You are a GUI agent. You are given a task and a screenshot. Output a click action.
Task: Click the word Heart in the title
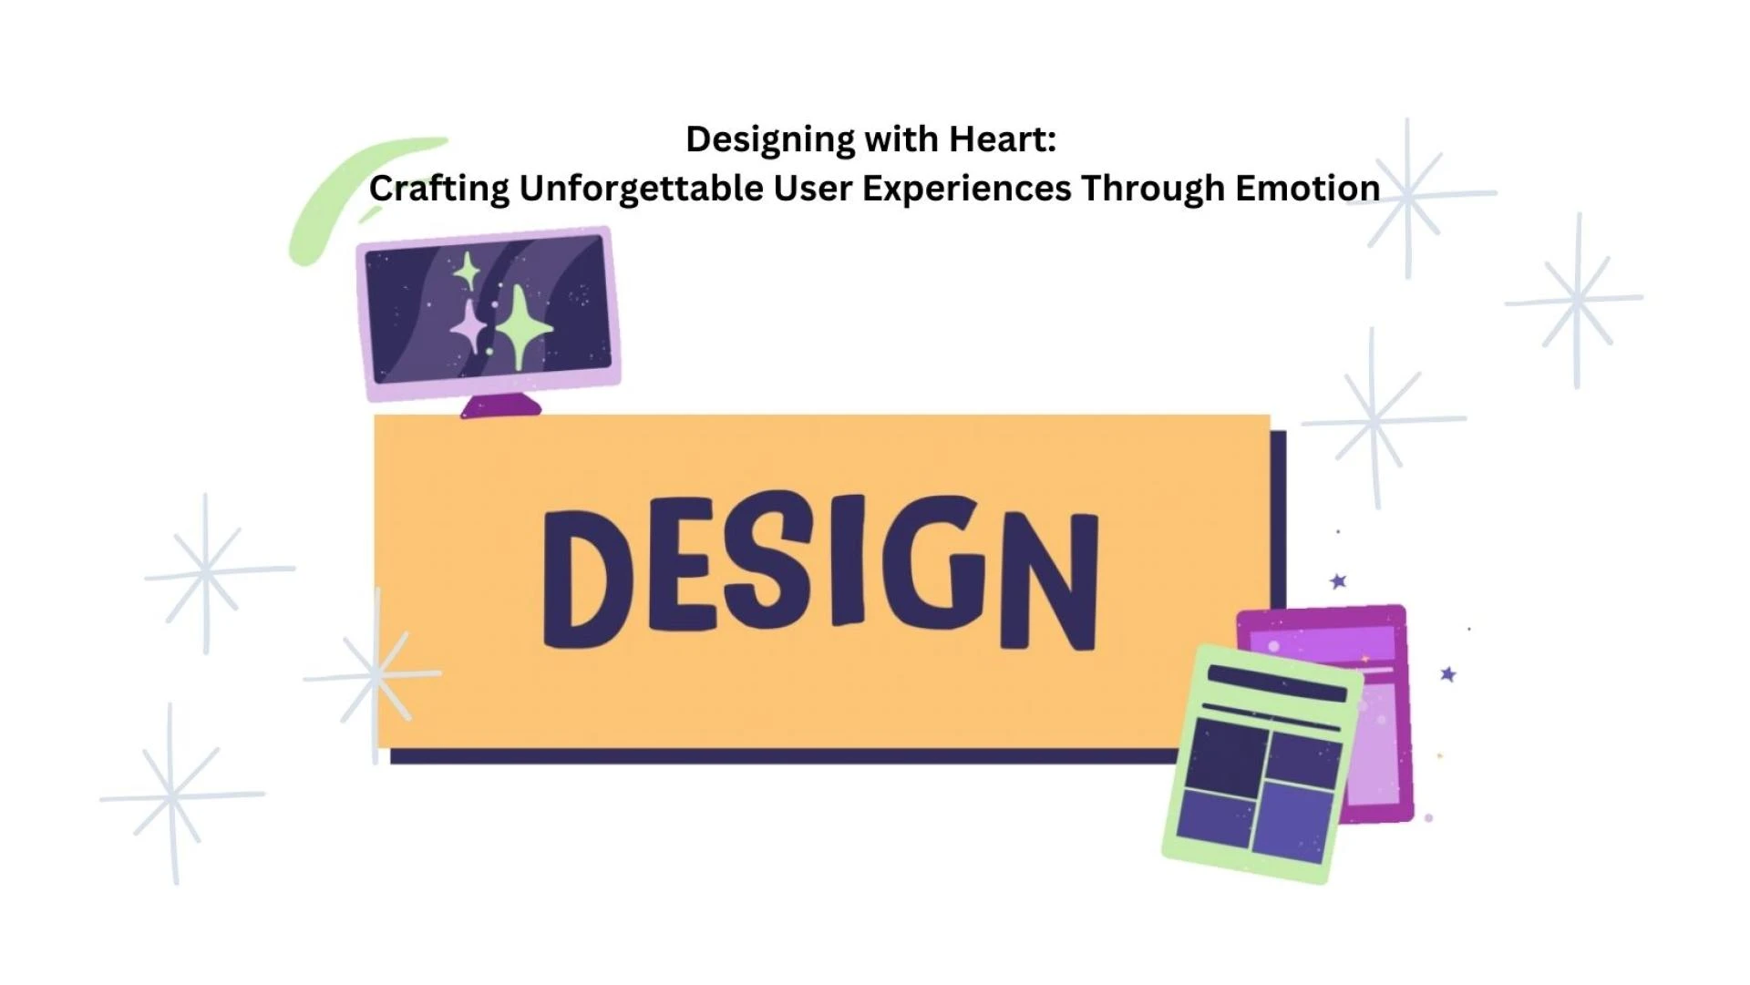point(1003,139)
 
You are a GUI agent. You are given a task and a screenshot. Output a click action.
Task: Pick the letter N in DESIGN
point(1049,581)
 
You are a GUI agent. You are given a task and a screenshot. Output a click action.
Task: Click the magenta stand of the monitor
point(500,406)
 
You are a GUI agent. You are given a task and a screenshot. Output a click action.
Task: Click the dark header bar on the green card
point(1277,683)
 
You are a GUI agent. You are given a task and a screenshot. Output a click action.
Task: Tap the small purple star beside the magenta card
point(1448,674)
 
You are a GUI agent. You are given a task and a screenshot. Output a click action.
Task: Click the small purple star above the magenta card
point(1338,581)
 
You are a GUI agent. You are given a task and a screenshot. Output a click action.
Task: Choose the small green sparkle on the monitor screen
point(467,271)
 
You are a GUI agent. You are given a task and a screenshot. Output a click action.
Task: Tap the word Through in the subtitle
point(1153,190)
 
